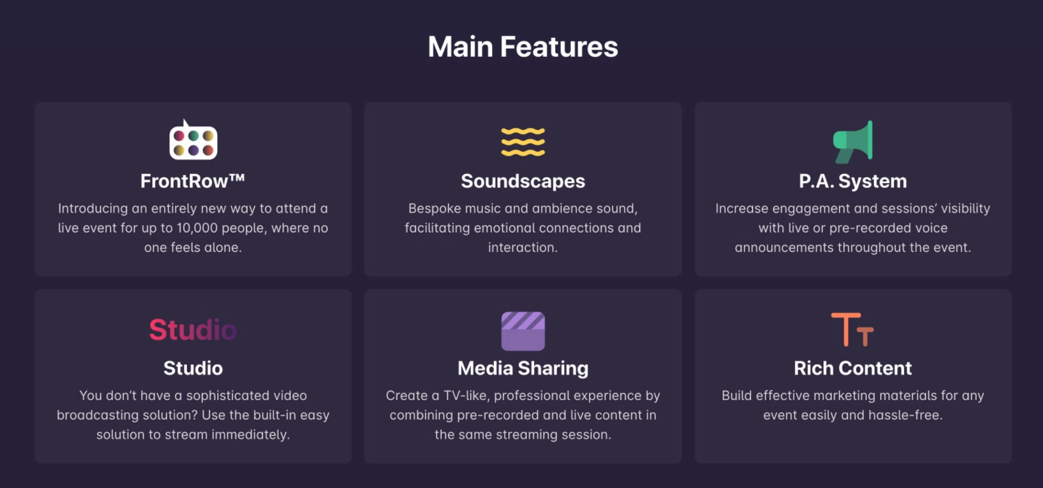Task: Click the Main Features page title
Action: [523, 47]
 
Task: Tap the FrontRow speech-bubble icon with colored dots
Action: [193, 141]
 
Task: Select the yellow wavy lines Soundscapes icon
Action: [523, 142]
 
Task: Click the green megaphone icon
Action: [853, 141]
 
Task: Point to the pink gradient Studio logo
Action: [193, 329]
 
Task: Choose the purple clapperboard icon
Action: [523, 331]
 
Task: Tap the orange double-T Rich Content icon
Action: [853, 329]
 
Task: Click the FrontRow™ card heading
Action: [193, 181]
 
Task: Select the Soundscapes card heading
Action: [523, 181]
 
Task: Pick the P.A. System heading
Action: [853, 181]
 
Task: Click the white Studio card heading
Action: [193, 368]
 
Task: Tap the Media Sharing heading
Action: [523, 368]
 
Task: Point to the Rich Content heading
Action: [853, 368]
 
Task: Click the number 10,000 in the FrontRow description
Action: [197, 228]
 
